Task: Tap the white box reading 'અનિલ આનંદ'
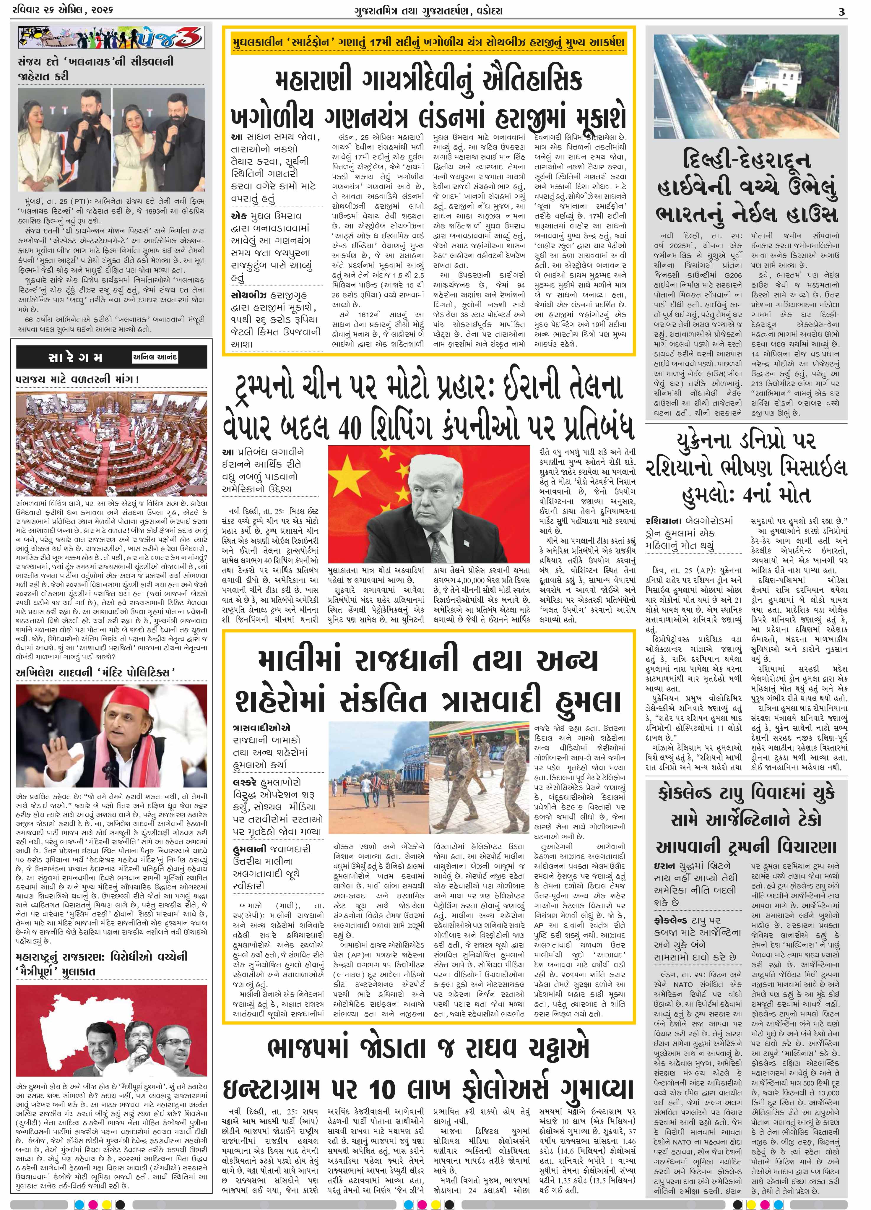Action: [x=155, y=357]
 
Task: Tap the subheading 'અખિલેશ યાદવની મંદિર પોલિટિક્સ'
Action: [x=96, y=672]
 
